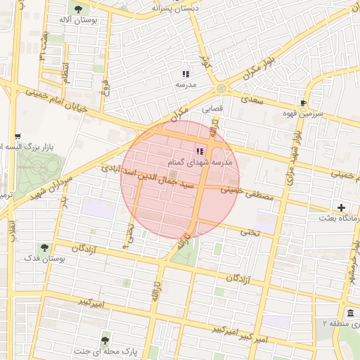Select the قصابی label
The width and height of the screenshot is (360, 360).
click(212, 109)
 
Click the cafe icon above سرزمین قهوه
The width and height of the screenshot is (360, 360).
click(304, 102)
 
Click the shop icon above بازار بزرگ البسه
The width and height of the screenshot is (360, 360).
click(18, 136)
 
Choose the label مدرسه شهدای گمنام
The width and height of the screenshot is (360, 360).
click(195, 162)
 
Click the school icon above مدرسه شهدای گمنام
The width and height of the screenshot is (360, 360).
click(200, 151)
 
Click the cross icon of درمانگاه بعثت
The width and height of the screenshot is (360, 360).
click(341, 207)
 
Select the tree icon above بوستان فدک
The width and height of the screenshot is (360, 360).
click(44, 247)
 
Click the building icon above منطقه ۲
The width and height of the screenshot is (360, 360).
click(350, 313)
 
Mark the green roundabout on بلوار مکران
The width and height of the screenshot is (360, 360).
click(221, 89)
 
